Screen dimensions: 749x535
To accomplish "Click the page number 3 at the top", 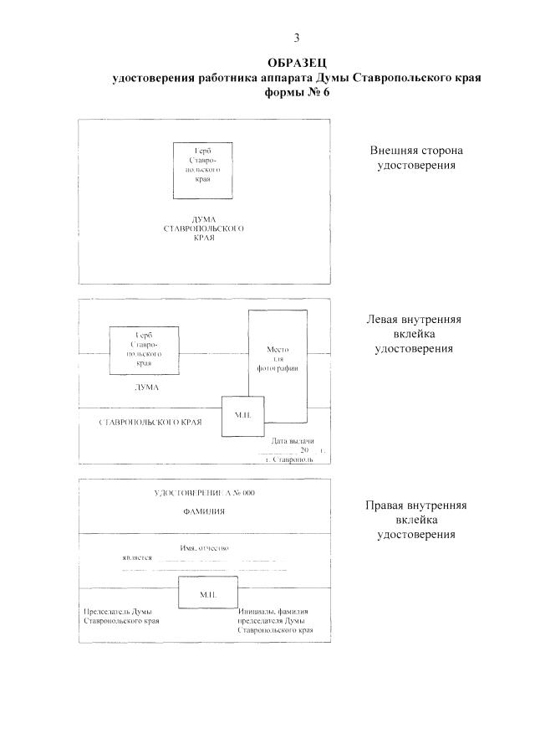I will [x=297, y=38].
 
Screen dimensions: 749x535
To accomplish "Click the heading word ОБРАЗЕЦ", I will [x=298, y=64].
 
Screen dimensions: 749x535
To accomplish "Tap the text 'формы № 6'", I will [x=298, y=91].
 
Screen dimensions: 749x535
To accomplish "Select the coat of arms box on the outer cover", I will [x=203, y=170].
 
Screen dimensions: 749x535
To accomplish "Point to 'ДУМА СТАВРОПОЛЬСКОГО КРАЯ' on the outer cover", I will [x=204, y=228].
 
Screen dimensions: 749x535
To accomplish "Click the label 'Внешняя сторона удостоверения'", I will [x=416, y=158].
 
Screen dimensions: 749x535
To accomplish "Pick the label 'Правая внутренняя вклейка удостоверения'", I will [x=415, y=520].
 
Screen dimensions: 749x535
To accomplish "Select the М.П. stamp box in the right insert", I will [x=208, y=593].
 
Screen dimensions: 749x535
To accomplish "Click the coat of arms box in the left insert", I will [x=144, y=350].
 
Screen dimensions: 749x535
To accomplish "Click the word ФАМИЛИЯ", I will [x=205, y=510].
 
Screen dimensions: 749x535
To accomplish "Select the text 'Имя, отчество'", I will [x=205, y=548].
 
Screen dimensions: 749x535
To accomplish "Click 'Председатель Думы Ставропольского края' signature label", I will [x=120, y=617].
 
